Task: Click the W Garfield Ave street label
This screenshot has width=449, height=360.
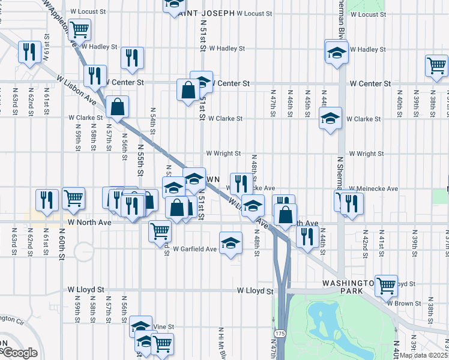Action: pos(194,248)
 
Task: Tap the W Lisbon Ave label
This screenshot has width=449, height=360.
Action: pos(77,90)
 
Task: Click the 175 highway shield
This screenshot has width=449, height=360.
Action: pos(280,332)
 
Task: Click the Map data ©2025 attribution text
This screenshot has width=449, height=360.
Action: pos(424,355)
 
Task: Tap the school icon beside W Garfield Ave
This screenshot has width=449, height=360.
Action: pos(231,243)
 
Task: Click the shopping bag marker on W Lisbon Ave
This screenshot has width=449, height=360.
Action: pos(118,107)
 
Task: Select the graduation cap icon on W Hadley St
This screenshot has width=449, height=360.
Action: pos(336,52)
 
